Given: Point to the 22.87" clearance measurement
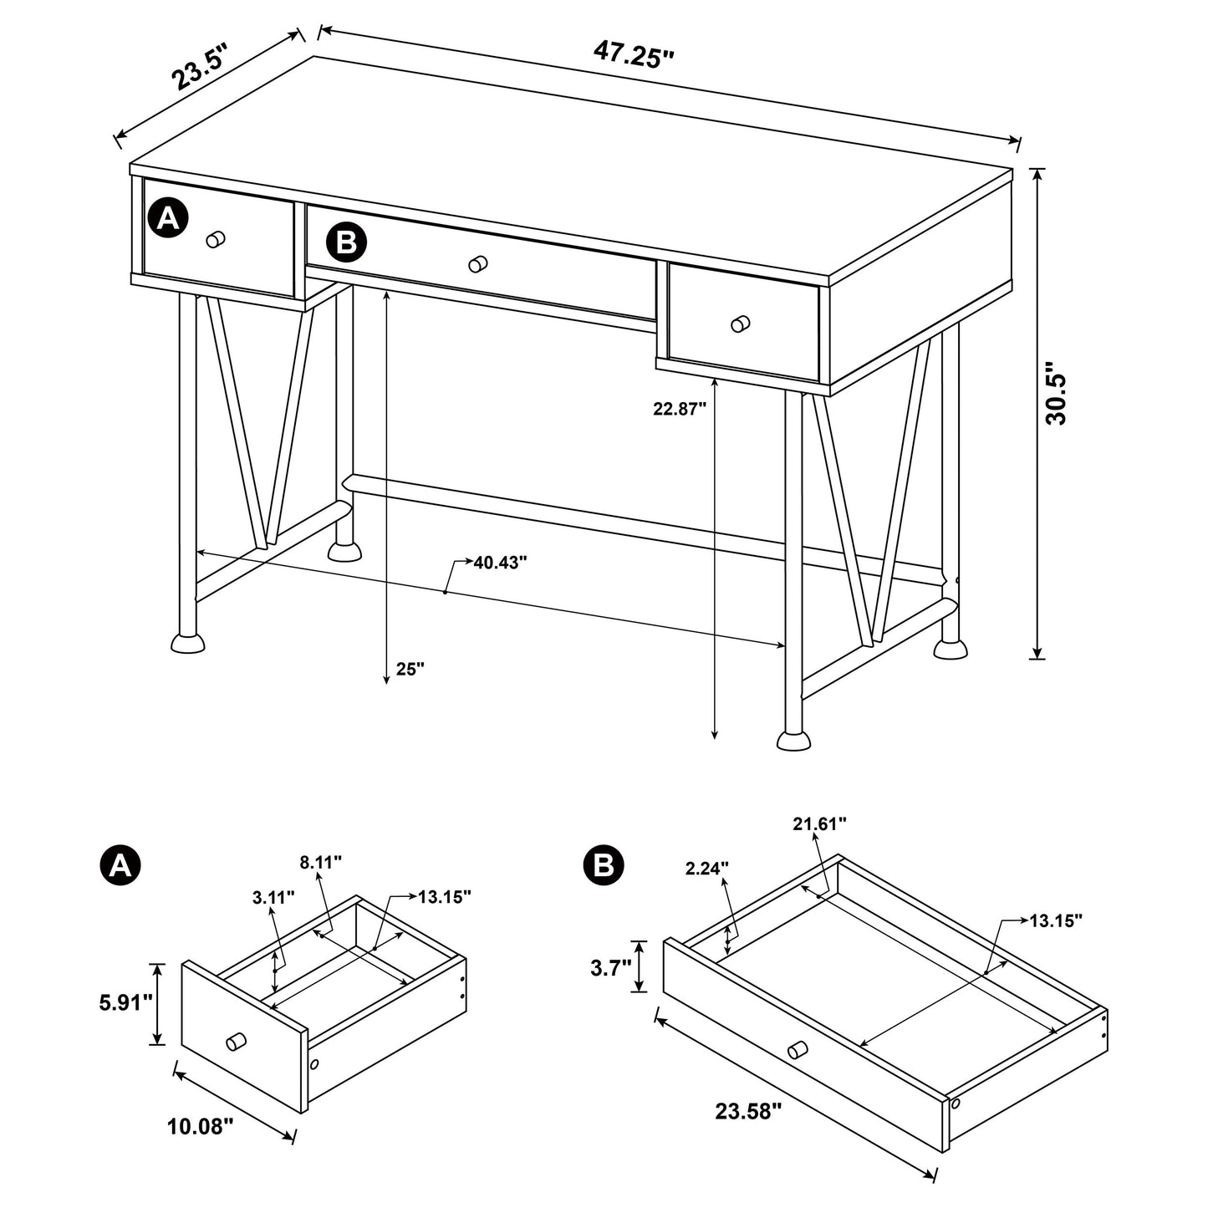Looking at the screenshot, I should [x=680, y=409].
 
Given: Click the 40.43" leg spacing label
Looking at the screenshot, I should [x=500, y=563].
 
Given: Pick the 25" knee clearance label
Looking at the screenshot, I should [x=410, y=669].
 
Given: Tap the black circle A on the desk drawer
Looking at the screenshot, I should [x=168, y=219].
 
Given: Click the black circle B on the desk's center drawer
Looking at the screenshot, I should [x=346, y=242].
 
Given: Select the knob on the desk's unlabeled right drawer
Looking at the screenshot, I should [x=740, y=324].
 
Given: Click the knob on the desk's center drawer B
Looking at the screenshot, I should [x=478, y=264].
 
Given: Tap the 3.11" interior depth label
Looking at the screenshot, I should [x=273, y=898].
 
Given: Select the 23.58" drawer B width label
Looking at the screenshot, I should [x=748, y=1111].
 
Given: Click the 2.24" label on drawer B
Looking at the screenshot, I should [x=707, y=869].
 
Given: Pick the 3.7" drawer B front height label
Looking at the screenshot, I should [x=609, y=968].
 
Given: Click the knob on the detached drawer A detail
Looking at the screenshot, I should [x=236, y=1042].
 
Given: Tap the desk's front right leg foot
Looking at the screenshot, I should [x=794, y=739].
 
